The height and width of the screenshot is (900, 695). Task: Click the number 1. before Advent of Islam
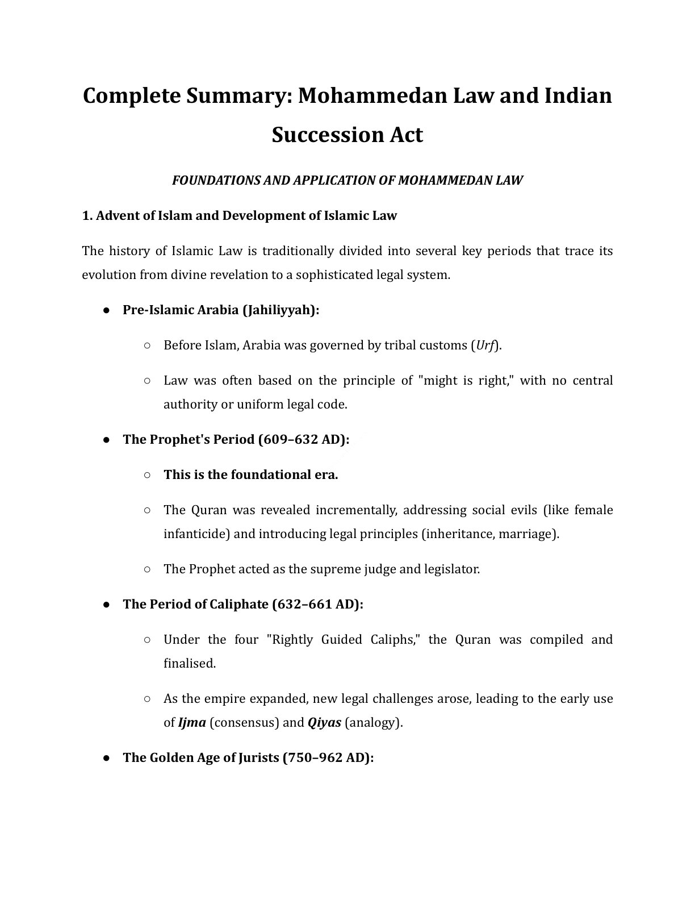tap(87, 216)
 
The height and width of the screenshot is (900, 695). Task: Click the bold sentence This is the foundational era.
tap(250, 475)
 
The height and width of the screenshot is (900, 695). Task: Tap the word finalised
tap(189, 664)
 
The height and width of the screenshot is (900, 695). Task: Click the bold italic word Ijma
tap(192, 723)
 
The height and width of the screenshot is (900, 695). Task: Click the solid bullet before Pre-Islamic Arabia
tap(106, 310)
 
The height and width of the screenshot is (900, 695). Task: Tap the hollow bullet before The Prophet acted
tap(147, 569)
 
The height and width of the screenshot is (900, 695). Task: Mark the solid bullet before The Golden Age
tap(106, 758)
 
